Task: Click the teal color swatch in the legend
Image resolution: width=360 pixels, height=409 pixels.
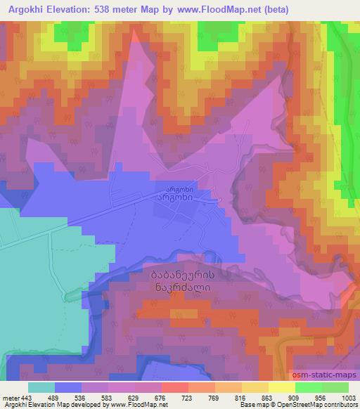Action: pyautogui.click(x=41, y=387)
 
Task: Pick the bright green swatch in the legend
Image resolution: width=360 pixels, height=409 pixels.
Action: pyautogui.click(x=309, y=387)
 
